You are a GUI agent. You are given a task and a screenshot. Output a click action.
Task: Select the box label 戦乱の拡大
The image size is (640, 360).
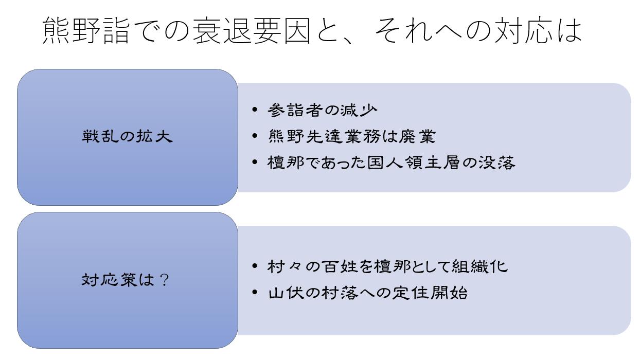128,137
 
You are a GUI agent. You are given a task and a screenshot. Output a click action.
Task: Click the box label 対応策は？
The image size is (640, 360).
126,280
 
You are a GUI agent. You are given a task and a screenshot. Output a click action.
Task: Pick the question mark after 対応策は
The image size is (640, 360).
164,281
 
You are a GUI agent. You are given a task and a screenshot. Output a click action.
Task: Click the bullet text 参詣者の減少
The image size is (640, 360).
323,110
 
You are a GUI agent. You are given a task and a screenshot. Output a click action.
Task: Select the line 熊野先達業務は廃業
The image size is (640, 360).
351,136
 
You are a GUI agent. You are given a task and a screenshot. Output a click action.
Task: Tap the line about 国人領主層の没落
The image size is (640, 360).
391,163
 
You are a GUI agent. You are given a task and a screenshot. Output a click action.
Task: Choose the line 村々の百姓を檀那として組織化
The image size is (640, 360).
387,266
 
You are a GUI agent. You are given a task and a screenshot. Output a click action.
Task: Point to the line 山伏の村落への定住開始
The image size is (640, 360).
367,293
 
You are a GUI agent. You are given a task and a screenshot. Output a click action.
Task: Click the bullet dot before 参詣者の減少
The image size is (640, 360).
255,110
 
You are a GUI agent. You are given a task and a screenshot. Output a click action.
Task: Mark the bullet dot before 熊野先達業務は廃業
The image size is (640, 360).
255,136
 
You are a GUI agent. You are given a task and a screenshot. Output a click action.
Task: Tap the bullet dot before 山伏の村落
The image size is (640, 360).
255,293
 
